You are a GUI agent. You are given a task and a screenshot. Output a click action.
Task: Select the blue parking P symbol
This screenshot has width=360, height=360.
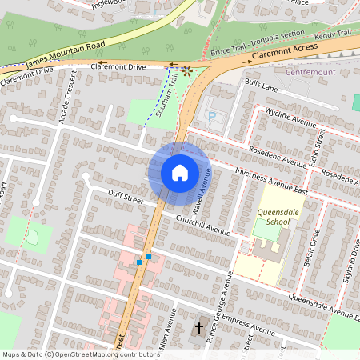pyautogui.click(x=212, y=115)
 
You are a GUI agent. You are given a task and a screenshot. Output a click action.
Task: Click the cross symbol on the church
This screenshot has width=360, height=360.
pyautogui.click(x=199, y=327)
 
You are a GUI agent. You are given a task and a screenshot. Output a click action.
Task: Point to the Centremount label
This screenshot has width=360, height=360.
pyautogui.click(x=309, y=72)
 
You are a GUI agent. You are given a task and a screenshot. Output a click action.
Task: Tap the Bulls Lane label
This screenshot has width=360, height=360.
pyautogui.click(x=261, y=84)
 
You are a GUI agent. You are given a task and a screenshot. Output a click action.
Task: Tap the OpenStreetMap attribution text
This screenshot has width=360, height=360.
pyautogui.click(x=81, y=354)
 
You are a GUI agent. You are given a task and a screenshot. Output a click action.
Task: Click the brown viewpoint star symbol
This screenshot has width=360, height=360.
pyautogui.click(x=187, y=70)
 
